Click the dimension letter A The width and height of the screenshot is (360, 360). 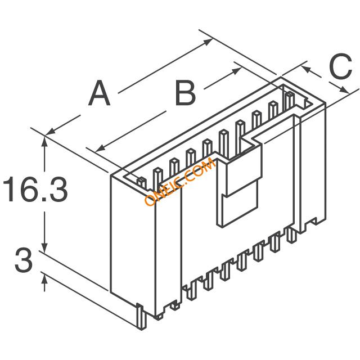pos(100,93)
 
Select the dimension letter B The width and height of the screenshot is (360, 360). pos(185,93)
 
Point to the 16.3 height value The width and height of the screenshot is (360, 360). pos(35,190)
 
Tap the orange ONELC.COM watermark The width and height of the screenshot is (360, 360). pos(179,182)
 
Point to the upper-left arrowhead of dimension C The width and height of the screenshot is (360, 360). pos(305,67)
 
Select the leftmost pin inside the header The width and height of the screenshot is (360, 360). pos(141,182)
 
